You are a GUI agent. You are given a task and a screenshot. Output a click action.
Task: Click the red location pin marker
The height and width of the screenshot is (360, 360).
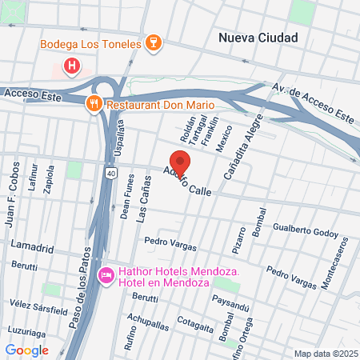(x=180, y=160)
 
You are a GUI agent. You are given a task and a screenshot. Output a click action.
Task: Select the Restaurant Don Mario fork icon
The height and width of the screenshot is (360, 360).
(x=94, y=103)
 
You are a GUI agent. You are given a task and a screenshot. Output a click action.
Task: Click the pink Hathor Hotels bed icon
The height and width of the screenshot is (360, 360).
(x=105, y=276)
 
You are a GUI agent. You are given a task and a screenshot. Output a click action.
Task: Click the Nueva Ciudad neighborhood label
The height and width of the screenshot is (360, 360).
(x=258, y=38)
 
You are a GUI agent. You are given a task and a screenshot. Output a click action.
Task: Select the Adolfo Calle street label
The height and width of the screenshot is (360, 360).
(x=187, y=183)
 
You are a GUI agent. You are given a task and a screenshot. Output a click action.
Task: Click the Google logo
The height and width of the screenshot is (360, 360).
(x=26, y=350)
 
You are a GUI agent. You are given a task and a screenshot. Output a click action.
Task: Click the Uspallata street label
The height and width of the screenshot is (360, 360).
(x=122, y=138)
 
